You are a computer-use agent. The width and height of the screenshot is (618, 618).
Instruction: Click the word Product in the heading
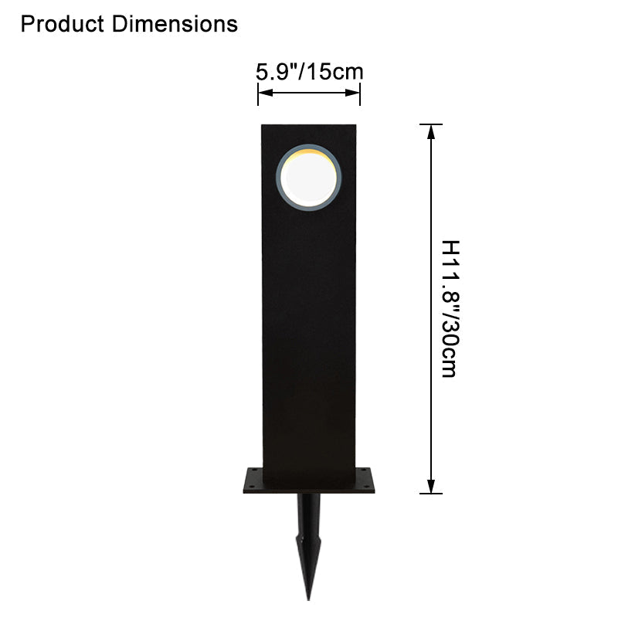coord(62,24)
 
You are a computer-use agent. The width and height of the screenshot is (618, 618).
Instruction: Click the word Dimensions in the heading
coord(175,24)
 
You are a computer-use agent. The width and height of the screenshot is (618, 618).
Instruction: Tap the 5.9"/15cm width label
coord(310,72)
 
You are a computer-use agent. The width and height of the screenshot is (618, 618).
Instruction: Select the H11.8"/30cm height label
coord(450,308)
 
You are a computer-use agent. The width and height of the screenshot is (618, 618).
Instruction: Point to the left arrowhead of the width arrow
coord(265,93)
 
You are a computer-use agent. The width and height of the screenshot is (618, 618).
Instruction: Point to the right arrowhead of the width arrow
coord(352,93)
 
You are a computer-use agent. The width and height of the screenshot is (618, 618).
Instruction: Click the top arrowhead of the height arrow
coord(431,132)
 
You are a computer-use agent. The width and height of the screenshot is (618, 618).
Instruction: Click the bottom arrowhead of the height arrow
coord(431,486)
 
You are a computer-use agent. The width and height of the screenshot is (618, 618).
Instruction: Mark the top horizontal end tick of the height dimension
coord(431,124)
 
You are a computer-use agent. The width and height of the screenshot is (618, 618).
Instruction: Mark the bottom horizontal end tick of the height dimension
coord(431,493)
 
